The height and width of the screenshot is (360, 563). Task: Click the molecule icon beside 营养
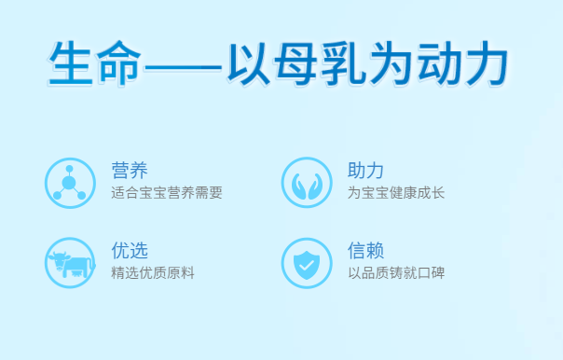pyautogui.click(x=70, y=183)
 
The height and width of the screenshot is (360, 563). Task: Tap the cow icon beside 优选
pyautogui.click(x=70, y=263)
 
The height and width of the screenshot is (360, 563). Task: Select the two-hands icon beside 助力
pyautogui.click(x=307, y=183)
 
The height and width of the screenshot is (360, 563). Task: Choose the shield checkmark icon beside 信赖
pyautogui.click(x=307, y=263)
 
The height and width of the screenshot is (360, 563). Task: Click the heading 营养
pyautogui.click(x=130, y=171)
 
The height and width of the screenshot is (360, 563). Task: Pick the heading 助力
pyautogui.click(x=366, y=171)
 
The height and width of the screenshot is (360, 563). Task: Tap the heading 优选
pyautogui.click(x=130, y=251)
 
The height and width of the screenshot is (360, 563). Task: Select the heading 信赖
pyautogui.click(x=366, y=251)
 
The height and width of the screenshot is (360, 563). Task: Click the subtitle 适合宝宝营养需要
pyautogui.click(x=167, y=194)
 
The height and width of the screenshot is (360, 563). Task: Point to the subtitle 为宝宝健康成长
pyautogui.click(x=396, y=194)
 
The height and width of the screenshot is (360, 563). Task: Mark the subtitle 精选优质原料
pyautogui.click(x=153, y=274)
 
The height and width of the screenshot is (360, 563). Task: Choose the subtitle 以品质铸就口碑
pyautogui.click(x=396, y=274)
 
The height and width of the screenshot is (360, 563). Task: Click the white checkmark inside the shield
pyautogui.click(x=307, y=265)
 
